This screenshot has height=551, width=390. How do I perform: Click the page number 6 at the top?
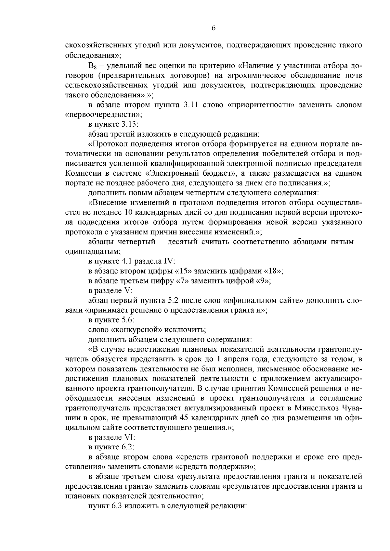coord(214,28)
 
